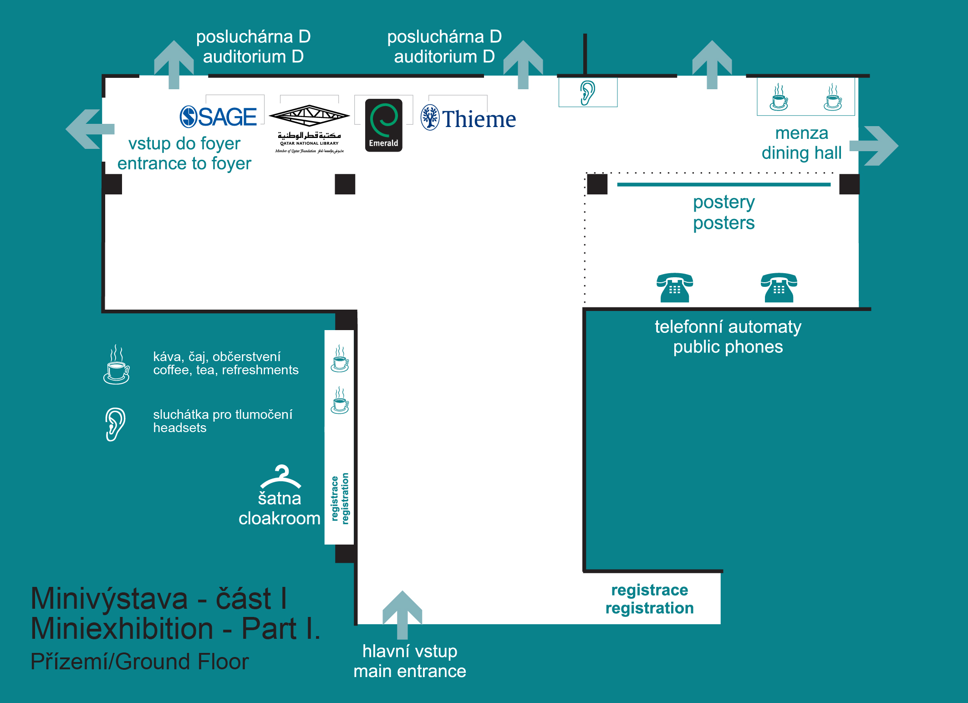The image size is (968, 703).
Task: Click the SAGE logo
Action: point(219,117)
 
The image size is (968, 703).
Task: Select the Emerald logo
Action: point(383,125)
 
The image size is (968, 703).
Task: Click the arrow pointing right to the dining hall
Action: point(874,146)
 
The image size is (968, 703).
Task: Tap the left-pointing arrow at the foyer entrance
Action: point(89,129)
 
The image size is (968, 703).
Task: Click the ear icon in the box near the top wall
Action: point(587,92)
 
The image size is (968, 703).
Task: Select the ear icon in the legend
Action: point(115,424)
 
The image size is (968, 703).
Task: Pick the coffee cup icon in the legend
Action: point(117,365)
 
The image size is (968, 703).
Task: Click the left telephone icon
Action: point(675,288)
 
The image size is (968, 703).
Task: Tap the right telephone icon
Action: point(779,288)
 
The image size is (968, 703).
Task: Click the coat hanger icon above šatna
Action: point(280,476)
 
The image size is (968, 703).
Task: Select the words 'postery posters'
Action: point(723,213)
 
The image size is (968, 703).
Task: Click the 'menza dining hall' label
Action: point(801,143)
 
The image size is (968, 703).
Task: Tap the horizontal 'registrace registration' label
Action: point(649,599)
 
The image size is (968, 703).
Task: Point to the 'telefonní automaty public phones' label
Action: point(728,337)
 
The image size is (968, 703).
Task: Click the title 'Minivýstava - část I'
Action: point(159,598)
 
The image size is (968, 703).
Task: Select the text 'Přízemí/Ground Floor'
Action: point(139,662)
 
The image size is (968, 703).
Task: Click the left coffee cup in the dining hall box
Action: point(779,97)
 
